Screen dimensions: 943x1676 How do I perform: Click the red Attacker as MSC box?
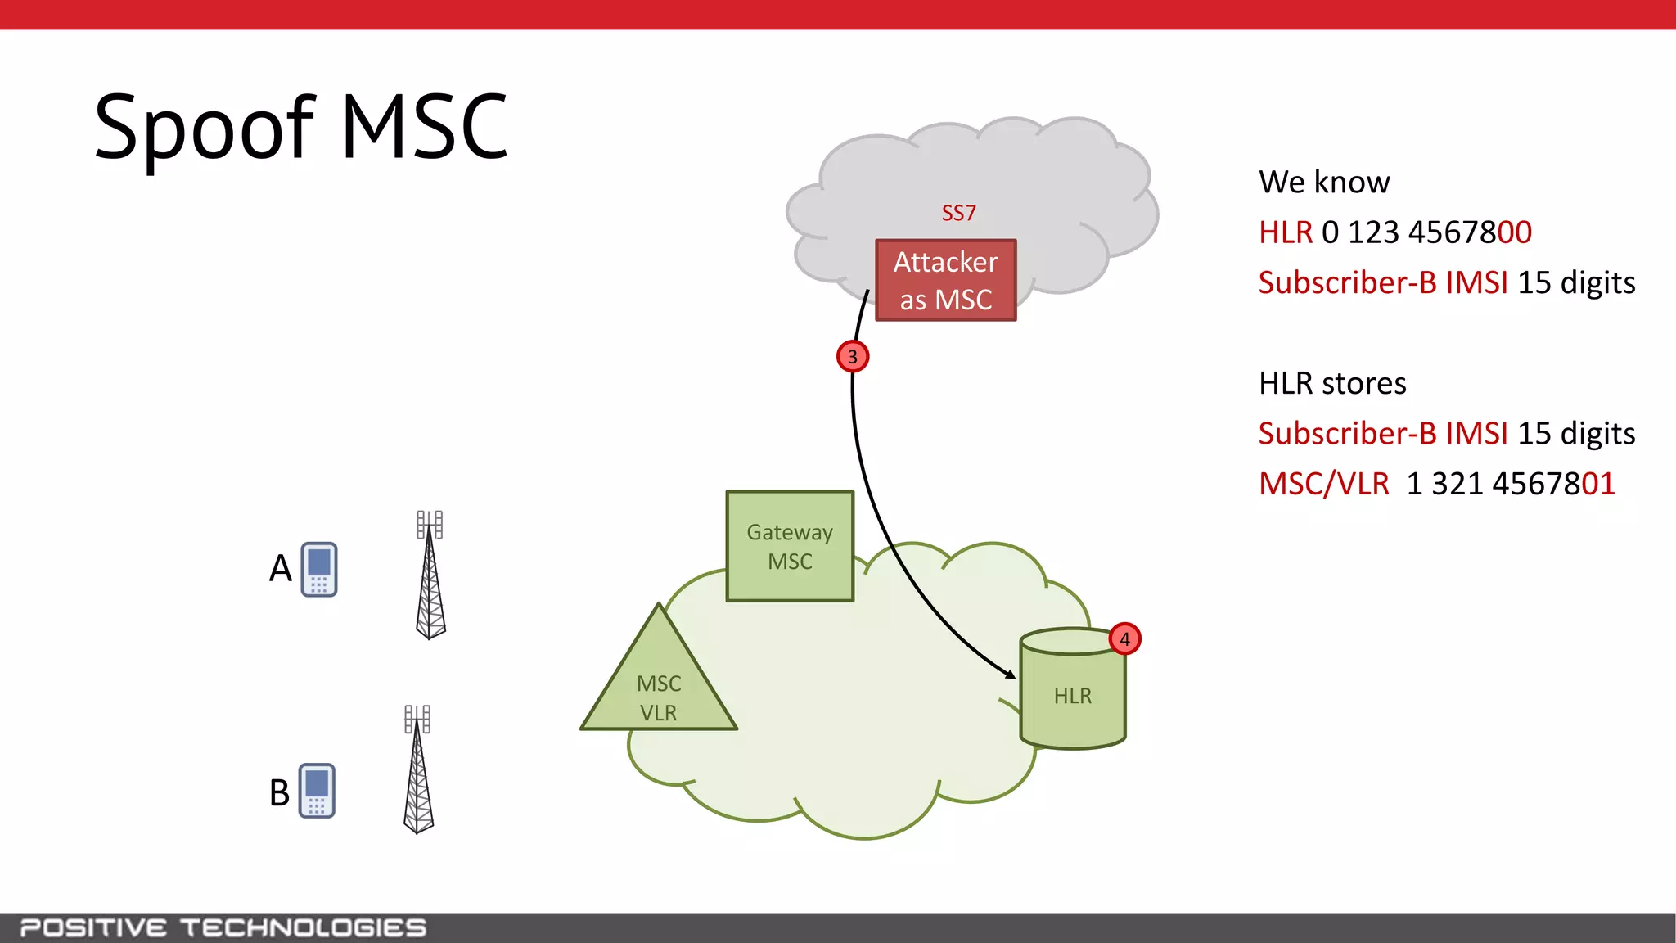945,280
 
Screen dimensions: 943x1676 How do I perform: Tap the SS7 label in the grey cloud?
958,214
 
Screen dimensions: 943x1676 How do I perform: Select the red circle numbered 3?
853,357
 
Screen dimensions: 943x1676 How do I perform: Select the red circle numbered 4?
1124,639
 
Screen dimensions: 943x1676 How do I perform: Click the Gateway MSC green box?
790,547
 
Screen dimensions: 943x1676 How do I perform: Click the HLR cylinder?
1072,692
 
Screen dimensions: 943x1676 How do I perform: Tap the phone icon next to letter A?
319,569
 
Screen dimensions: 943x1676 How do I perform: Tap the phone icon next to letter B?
317,791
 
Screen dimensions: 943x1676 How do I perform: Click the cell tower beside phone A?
430,577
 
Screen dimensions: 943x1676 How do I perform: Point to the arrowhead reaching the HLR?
1011,674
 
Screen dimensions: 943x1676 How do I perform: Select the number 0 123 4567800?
1426,232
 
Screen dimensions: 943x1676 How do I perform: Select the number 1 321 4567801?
1510,484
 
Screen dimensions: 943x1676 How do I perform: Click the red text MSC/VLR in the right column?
1323,484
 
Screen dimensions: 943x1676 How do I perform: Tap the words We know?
1324,182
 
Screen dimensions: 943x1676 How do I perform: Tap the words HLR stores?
1332,383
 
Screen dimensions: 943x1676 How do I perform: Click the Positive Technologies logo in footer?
223,928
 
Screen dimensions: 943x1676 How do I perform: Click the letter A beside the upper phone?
281,568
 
